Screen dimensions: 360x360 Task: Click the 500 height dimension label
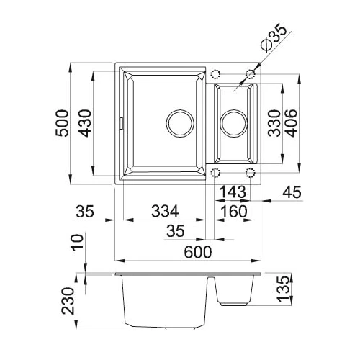pos(62,123)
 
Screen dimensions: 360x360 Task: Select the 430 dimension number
pos(86,123)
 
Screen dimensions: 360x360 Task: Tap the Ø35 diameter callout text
pos(274,37)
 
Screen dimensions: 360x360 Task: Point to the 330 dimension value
pos(274,123)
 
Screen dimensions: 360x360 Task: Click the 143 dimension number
pos(233,192)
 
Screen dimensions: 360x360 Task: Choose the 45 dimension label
pos(292,192)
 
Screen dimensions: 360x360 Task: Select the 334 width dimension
pos(165,211)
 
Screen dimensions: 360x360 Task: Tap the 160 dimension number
pos(233,211)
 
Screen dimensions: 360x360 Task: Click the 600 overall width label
pos(198,252)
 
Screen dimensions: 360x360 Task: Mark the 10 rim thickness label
pos(78,243)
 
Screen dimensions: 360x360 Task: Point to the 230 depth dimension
pos(68,301)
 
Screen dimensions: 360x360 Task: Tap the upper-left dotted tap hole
pos(215,74)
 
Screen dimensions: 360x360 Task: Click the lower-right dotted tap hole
pos(250,173)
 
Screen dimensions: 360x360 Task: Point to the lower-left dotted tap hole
pos(215,173)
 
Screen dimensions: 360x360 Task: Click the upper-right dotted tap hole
pos(250,74)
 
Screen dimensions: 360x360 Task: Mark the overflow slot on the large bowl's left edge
pos(122,123)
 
